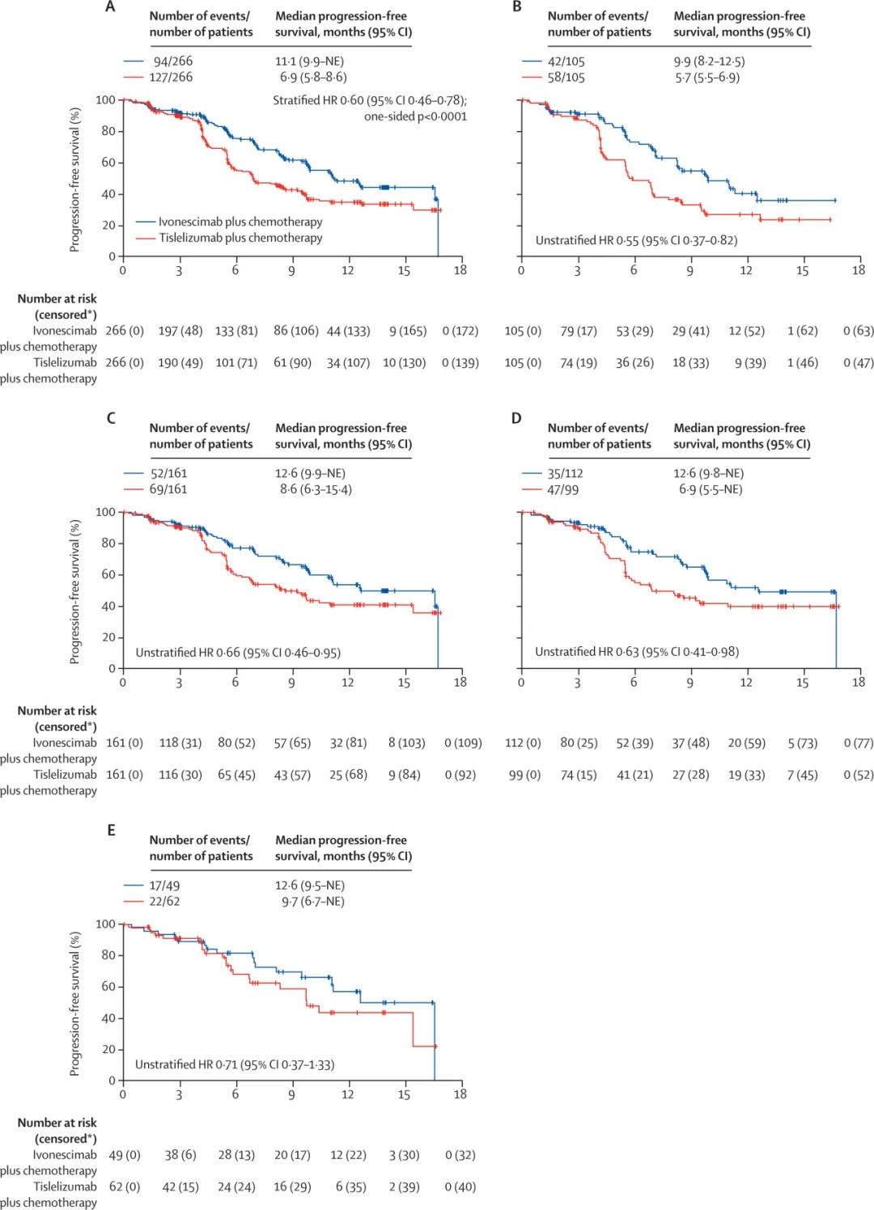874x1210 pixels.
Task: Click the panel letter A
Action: tap(111, 7)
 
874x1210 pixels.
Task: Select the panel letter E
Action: tap(111, 830)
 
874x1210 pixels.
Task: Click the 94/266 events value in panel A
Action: tap(173, 61)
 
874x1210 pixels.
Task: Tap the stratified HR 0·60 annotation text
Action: tap(370, 100)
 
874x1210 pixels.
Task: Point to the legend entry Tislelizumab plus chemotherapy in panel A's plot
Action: tap(240, 238)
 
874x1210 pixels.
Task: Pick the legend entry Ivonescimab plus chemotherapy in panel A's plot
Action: tap(240, 222)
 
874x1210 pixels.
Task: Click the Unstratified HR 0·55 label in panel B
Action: tap(636, 240)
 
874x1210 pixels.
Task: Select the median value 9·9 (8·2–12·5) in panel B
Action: tap(709, 61)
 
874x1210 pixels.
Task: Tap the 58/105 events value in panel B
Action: tap(566, 78)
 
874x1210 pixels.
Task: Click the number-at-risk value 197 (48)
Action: tap(180, 331)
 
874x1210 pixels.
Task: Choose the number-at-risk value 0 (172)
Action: tap(460, 331)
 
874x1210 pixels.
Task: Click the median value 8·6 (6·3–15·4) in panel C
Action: tap(316, 489)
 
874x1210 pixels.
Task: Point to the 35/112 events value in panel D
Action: tap(565, 473)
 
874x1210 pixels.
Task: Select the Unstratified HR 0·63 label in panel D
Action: tap(637, 652)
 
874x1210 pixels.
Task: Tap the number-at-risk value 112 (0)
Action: tap(523, 742)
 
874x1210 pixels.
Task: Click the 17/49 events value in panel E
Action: tap(164, 886)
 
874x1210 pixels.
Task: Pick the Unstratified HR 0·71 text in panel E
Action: tap(235, 1064)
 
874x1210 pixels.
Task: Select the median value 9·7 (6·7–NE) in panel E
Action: tap(312, 901)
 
